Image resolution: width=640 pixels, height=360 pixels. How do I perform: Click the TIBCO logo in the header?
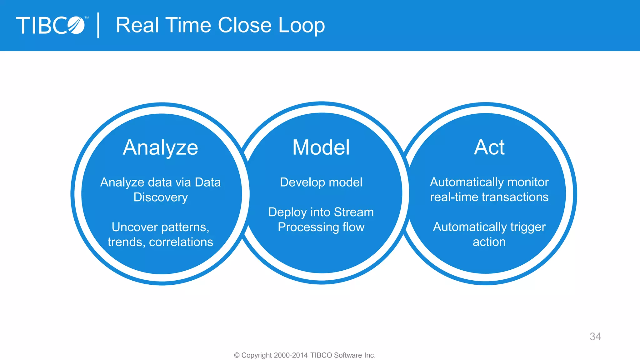pyautogui.click(x=51, y=25)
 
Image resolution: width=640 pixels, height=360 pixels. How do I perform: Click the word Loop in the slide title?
pyautogui.click(x=301, y=25)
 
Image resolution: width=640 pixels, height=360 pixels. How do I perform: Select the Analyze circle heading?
pyautogui.click(x=160, y=147)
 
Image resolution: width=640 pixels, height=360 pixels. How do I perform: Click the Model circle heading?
pyautogui.click(x=321, y=147)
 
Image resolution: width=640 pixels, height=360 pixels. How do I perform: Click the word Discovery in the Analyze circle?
pyautogui.click(x=161, y=197)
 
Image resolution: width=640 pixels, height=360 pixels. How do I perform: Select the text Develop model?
pyautogui.click(x=321, y=182)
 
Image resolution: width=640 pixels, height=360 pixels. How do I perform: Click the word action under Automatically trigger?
pyautogui.click(x=489, y=242)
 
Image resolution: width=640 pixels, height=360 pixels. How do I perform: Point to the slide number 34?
pyautogui.click(x=595, y=337)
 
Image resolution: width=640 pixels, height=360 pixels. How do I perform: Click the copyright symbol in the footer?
pyautogui.click(x=237, y=355)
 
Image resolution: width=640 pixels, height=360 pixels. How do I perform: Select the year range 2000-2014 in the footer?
pyautogui.click(x=291, y=355)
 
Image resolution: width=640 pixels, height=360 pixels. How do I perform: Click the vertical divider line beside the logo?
pyautogui.click(x=98, y=25)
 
